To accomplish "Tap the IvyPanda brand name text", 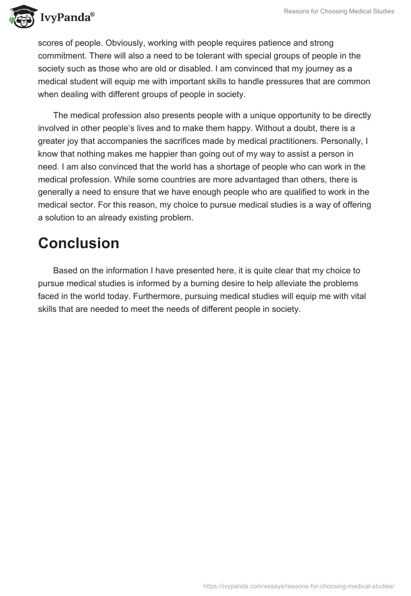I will tap(67, 17).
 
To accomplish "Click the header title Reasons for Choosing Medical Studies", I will tap(339, 11).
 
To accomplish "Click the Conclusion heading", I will tap(79, 243).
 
